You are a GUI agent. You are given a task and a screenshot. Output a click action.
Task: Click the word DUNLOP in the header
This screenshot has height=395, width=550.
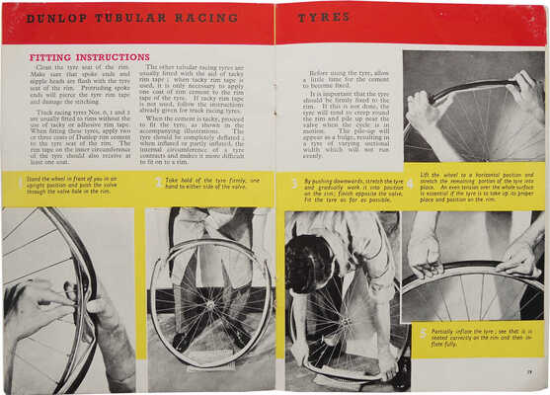click(x=55, y=18)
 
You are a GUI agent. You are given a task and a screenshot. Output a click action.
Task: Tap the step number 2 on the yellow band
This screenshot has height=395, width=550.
click(x=156, y=182)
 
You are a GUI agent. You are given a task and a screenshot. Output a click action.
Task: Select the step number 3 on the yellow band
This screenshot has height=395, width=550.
click(x=293, y=183)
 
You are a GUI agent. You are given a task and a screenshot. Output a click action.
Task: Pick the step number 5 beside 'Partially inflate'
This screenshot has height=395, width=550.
click(x=421, y=333)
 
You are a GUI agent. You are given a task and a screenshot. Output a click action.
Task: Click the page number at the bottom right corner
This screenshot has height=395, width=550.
click(x=530, y=372)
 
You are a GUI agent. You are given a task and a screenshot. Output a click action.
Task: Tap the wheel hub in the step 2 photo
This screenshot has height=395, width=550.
click(x=208, y=296)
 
